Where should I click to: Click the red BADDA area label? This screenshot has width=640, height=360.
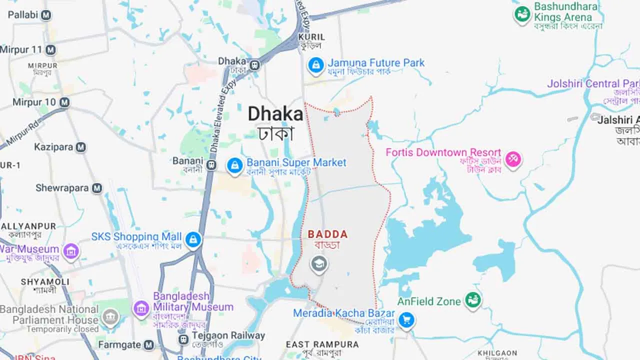coord(327,234)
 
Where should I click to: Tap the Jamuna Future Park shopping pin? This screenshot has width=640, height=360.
coord(315,65)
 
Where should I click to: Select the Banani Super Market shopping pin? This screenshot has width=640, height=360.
coord(234,165)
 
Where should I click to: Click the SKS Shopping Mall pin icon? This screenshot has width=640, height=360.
coord(192,239)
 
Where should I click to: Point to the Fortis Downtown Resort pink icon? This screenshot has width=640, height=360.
coord(513,159)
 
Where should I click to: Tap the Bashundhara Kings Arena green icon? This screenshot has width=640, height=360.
coord(522,14)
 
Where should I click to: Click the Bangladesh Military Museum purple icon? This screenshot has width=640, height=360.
coord(141,307)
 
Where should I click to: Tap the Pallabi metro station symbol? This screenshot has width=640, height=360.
coord(46,15)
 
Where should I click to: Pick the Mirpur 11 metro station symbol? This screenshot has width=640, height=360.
coord(50,50)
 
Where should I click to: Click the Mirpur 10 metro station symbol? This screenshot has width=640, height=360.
coord(64,102)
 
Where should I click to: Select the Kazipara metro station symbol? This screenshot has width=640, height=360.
coord(80,147)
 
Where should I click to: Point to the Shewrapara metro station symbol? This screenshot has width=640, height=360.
coord(96,188)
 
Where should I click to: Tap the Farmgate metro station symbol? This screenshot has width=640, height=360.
coord(148,345)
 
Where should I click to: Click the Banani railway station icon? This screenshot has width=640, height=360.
coord(211,164)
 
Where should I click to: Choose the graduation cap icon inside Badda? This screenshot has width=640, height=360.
coord(318,263)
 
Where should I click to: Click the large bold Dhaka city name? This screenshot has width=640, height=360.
coord(275,114)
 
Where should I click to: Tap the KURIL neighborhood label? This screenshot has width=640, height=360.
coord(311,37)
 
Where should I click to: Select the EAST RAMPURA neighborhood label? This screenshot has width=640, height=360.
coord(322,344)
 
